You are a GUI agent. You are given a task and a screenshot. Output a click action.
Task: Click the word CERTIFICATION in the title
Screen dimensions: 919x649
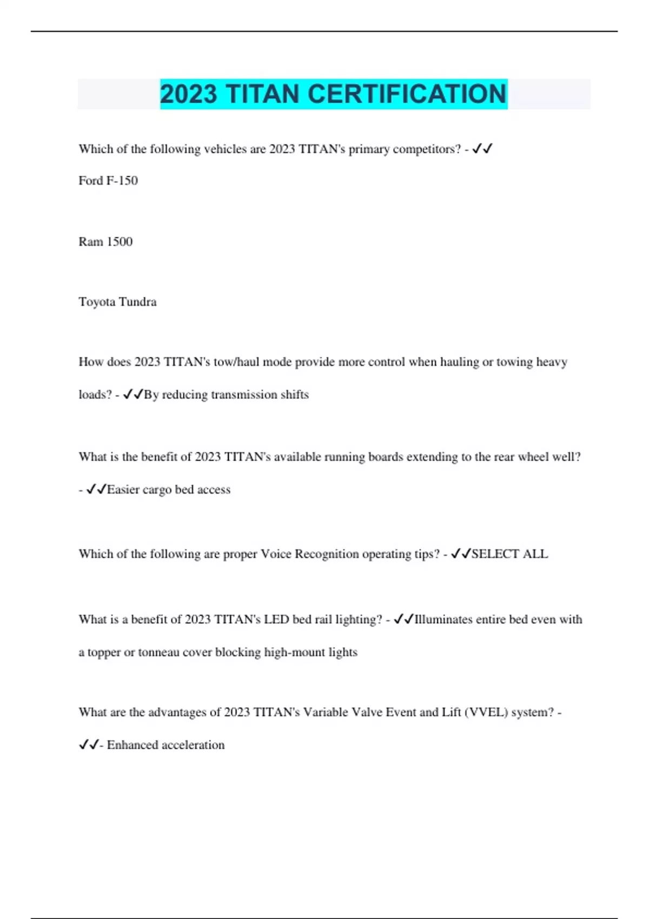point(407,94)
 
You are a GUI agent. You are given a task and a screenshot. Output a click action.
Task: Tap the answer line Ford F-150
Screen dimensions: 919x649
point(108,181)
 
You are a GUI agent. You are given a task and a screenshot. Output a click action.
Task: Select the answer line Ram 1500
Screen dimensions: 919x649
point(105,242)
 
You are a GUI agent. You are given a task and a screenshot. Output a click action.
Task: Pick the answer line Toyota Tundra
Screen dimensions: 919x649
point(117,302)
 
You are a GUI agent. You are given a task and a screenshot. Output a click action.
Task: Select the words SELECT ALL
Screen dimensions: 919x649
point(509,554)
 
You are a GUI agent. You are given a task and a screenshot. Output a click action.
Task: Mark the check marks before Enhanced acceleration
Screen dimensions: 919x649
point(89,745)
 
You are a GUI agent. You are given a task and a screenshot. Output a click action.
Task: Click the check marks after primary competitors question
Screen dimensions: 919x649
point(482,149)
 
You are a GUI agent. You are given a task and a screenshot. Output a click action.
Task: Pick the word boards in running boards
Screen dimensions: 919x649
point(386,457)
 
